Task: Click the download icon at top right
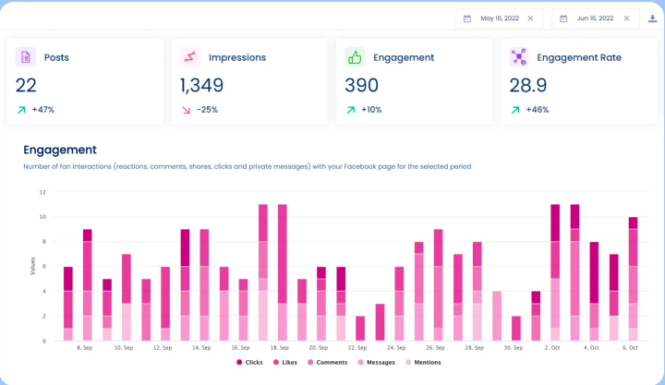pos(653,18)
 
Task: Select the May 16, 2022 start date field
pos(496,18)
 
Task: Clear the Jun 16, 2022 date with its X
pos(626,18)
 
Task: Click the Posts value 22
pos(26,85)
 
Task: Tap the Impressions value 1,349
pos(201,85)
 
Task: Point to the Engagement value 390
pos(361,85)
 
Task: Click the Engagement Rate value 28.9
pos(527,85)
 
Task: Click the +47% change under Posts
pos(42,109)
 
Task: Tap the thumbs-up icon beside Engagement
pos(355,57)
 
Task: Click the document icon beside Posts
pos(26,57)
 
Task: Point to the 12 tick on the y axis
pos(42,192)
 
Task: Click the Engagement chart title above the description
pos(60,150)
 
